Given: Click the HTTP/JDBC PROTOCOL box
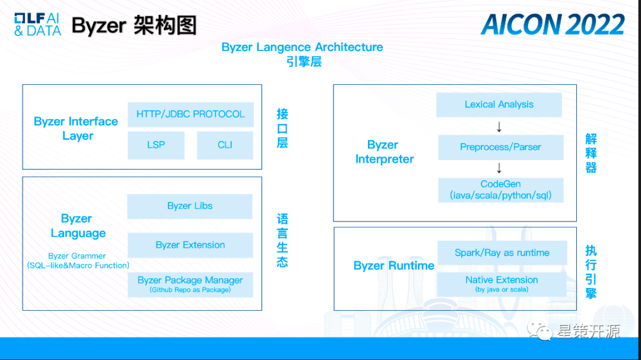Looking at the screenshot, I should point(191,114).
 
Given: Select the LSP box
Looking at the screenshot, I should point(156,145).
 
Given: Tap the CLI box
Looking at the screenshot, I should point(225,145).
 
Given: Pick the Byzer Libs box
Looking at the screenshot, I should point(190,206).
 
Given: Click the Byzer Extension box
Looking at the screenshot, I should point(190,245).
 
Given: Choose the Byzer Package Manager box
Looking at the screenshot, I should point(190,284).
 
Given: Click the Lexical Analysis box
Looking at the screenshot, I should point(499,105).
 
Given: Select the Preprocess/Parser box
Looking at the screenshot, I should point(500,147).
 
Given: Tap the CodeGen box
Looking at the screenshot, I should point(500,190).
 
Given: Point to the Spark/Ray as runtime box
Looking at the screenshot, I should point(502,253).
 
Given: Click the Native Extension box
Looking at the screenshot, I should point(502,283).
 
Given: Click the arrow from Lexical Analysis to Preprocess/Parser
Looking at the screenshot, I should point(499,126).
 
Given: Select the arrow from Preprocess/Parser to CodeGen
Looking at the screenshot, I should point(499,168).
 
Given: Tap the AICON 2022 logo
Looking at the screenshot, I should point(553,24).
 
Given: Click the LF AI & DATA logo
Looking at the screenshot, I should point(37,24).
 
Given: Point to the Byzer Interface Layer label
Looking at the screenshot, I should point(76,129).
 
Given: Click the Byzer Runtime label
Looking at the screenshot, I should point(394,266).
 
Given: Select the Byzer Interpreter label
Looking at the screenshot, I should point(384,152).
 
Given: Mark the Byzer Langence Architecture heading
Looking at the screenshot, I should point(302,47).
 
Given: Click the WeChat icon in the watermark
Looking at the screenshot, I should point(541,330).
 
